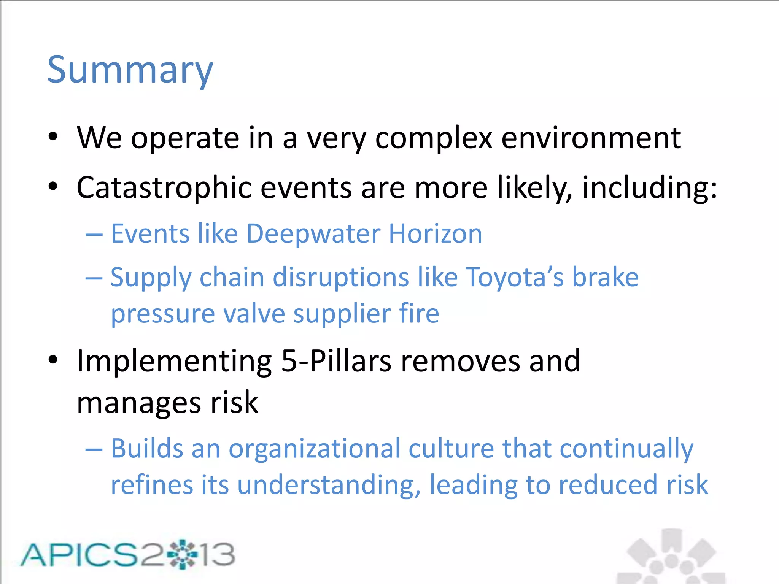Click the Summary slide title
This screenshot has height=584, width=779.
coord(130,70)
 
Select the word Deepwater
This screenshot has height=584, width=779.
coord(313,233)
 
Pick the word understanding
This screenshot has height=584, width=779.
coord(329,485)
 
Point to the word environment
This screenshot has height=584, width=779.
coord(591,138)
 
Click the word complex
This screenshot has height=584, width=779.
coord(434,138)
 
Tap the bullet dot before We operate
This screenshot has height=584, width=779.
coord(53,136)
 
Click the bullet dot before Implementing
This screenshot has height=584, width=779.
coord(53,360)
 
